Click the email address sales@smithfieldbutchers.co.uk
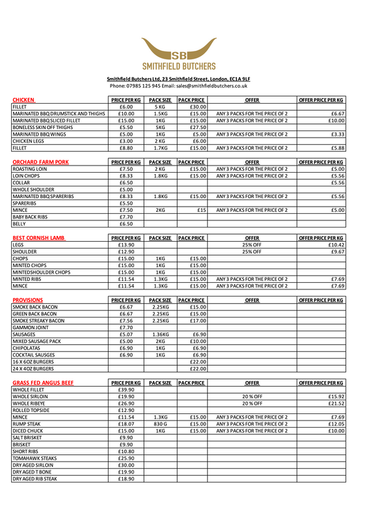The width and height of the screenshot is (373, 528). pyautogui.click(x=212, y=86)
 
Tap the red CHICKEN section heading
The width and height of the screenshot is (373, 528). pyautogui.click(x=23, y=100)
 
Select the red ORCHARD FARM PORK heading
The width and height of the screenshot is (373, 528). pyautogui.click(x=40, y=162)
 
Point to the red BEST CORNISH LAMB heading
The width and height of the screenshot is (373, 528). pyautogui.click(x=38, y=238)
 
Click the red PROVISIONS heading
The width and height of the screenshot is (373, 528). pyautogui.click(x=28, y=300)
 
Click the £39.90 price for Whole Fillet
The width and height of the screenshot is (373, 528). pyautogui.click(x=126, y=390)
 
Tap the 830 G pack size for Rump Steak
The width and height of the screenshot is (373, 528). pyautogui.click(x=161, y=424)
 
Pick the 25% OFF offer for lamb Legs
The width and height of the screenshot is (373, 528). pyautogui.click(x=252, y=244)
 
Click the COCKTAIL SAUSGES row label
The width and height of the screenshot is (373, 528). pyautogui.click(x=33, y=355)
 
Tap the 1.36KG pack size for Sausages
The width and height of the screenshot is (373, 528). pyautogui.click(x=160, y=334)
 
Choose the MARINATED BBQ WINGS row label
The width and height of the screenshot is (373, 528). pyautogui.click(x=38, y=134)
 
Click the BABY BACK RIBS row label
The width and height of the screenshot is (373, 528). pyautogui.click(x=30, y=216)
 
